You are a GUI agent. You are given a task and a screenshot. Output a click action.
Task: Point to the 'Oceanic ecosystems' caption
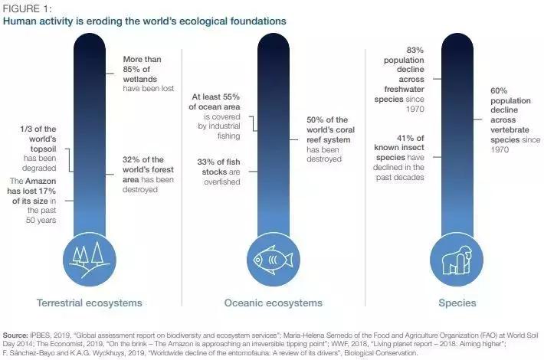[x=273, y=303]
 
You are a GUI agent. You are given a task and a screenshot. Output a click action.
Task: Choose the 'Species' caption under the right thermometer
[x=457, y=303]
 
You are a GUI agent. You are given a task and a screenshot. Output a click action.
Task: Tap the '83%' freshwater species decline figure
[x=404, y=50]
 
